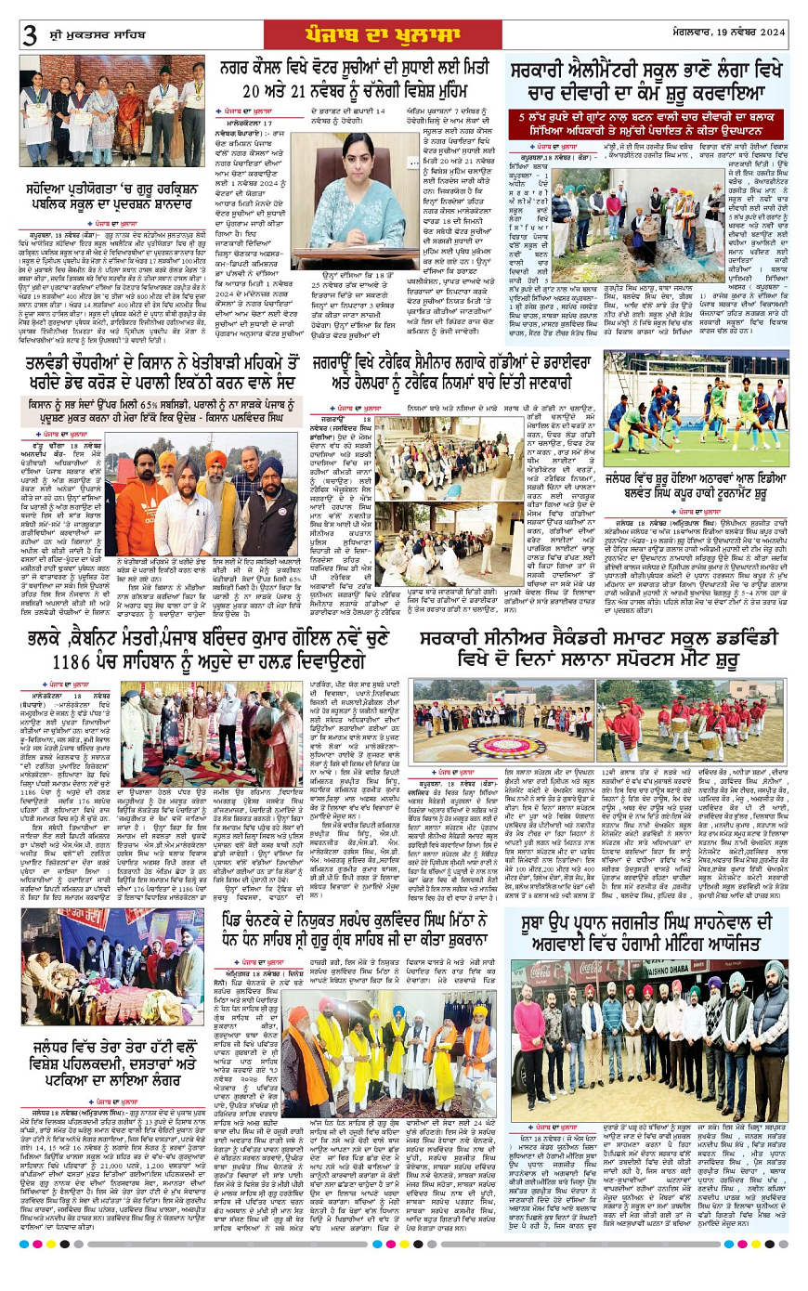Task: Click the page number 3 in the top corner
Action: click(x=29, y=35)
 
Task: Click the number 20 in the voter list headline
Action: click(x=257, y=90)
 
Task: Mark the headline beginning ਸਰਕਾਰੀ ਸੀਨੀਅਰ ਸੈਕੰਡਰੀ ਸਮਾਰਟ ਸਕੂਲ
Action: click(x=596, y=621)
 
